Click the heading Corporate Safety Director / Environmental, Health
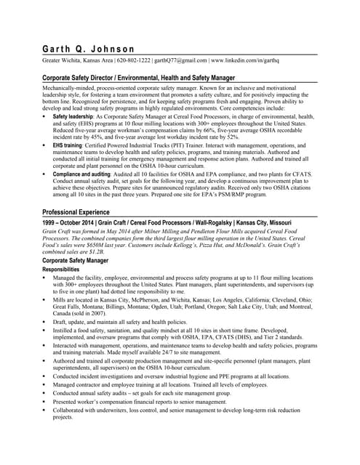[x=139, y=77]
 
